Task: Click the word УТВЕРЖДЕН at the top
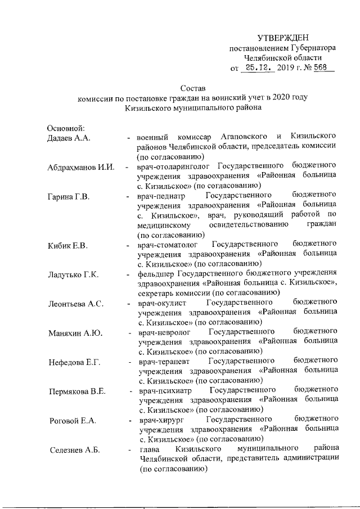(283, 38)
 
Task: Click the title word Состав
(193, 88)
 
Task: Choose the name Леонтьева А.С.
(75, 304)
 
